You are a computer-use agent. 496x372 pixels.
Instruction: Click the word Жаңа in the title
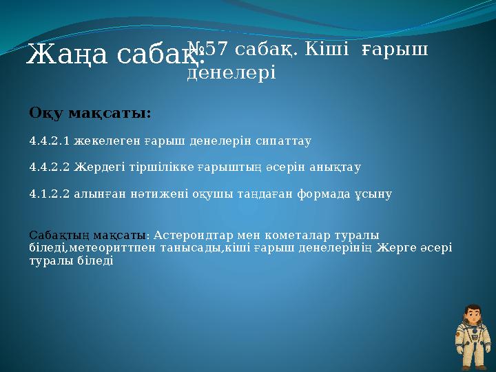click(60, 54)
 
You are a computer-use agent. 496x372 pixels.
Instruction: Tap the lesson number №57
click(207, 49)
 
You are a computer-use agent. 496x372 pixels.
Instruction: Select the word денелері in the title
click(231, 72)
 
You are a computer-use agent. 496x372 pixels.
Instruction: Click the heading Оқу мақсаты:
click(90, 112)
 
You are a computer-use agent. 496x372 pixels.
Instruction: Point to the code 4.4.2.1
click(49, 141)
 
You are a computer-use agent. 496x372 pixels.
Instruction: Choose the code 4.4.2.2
click(49, 167)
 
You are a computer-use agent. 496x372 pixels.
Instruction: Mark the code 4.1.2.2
click(49, 194)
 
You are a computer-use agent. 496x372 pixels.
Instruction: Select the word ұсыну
click(375, 194)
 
